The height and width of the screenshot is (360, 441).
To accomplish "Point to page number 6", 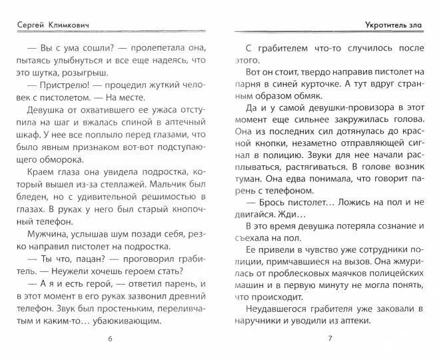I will (x=109, y=341).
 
